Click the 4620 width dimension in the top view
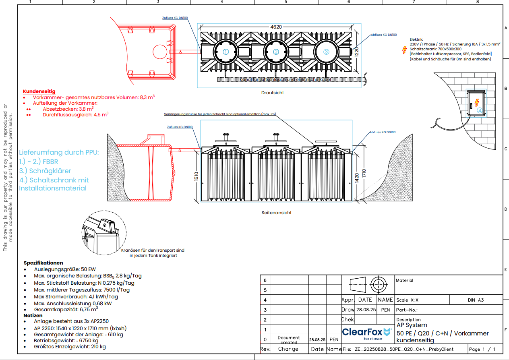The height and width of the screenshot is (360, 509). point(276,27)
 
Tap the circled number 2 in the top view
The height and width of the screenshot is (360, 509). point(276,52)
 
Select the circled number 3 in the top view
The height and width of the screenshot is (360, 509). point(326,52)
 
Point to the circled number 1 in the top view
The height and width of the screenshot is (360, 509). point(226,52)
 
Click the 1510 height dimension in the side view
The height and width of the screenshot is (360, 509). point(197,177)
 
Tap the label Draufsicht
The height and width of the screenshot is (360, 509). point(273,93)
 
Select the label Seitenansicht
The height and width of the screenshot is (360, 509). point(276,213)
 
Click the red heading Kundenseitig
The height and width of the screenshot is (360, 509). point(39,91)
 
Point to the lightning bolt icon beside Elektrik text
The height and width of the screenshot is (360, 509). point(405,50)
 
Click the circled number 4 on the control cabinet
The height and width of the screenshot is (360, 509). point(479,110)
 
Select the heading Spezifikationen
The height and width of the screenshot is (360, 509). point(43,263)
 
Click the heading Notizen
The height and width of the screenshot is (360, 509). point(33,315)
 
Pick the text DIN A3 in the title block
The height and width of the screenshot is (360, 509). point(476,300)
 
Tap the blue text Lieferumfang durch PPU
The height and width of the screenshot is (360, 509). point(59,153)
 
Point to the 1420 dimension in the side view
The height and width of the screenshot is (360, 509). point(356,178)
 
